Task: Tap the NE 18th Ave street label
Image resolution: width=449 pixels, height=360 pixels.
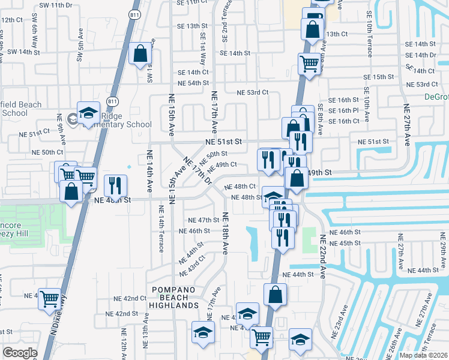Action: click(x=226, y=233)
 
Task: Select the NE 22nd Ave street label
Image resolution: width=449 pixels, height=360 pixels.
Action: click(x=322, y=256)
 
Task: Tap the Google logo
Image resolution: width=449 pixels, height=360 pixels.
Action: click(x=20, y=353)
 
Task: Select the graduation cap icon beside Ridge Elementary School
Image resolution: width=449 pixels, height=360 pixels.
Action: click(x=88, y=112)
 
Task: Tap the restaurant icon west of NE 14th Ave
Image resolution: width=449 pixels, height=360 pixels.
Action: click(x=113, y=185)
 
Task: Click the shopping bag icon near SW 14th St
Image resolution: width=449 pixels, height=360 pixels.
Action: click(x=140, y=53)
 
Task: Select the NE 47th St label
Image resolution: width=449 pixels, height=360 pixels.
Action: click(x=203, y=220)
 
